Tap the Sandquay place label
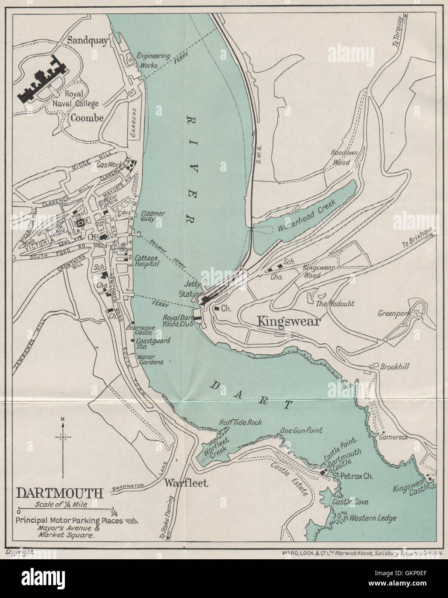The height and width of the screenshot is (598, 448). (x=88, y=40)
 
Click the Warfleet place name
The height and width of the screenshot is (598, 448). (x=186, y=483)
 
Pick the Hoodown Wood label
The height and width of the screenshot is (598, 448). (x=346, y=157)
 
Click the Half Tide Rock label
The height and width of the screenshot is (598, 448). (x=240, y=422)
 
